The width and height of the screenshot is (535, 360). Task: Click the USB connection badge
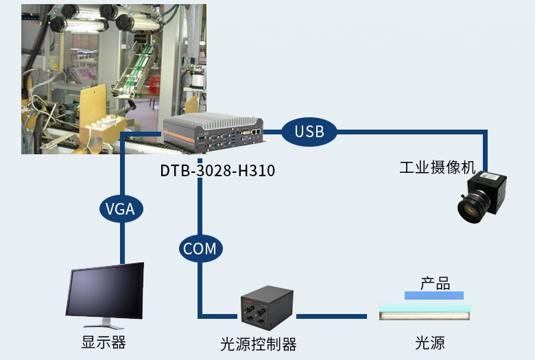[x=309, y=131]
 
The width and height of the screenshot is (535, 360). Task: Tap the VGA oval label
[x=121, y=208]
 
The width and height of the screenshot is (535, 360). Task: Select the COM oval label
[x=200, y=248]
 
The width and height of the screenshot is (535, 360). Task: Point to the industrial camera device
[x=483, y=198]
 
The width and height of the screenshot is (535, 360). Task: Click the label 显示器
[x=104, y=341]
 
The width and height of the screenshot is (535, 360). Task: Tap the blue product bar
[x=433, y=296]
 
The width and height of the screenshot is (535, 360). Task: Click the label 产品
[x=435, y=283]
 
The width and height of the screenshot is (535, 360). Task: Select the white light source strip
[x=425, y=315]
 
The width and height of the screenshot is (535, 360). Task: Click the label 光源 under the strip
[x=429, y=342]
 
